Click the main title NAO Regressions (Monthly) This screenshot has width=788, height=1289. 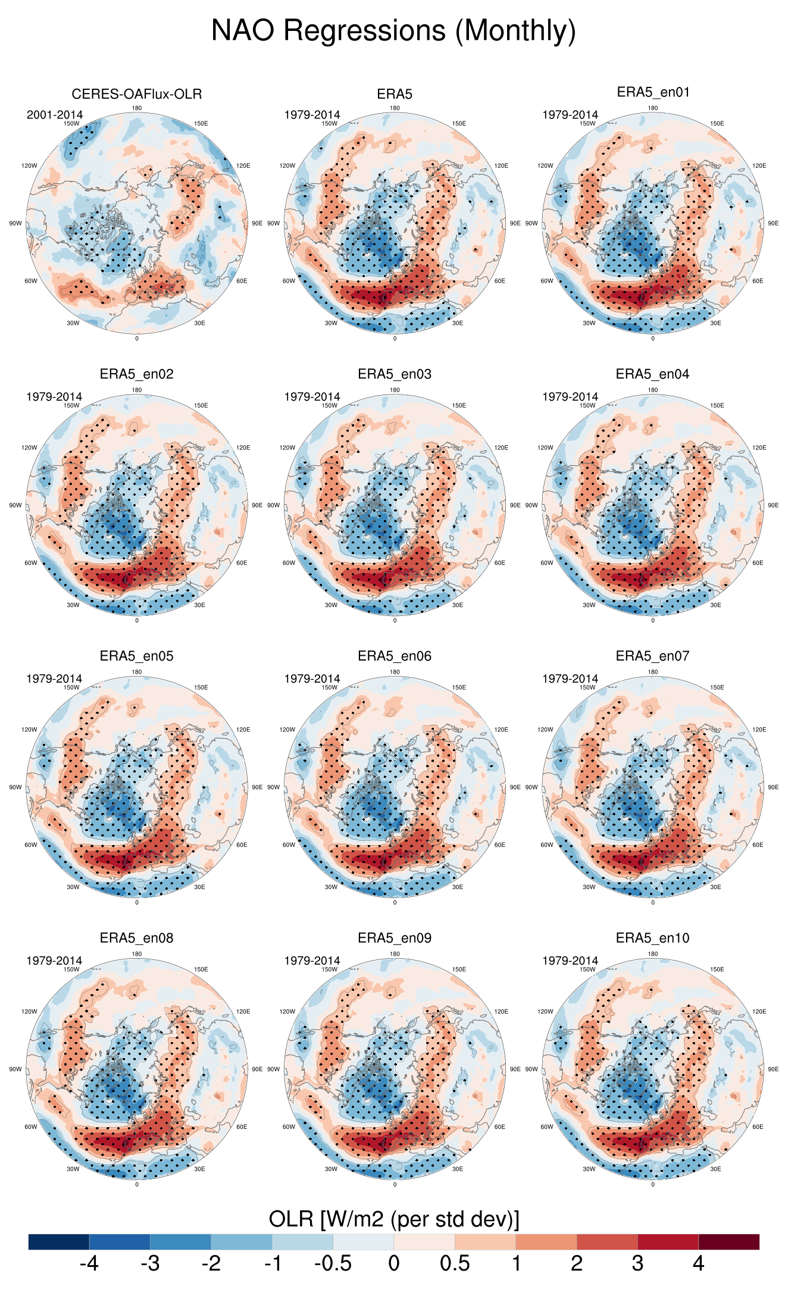pyautogui.click(x=393, y=31)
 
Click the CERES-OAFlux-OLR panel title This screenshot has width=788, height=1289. pyautogui.click(x=137, y=94)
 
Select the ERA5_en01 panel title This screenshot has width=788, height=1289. pyautogui.click(x=653, y=92)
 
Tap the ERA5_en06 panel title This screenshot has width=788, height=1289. pyautogui.click(x=395, y=656)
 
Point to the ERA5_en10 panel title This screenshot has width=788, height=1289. pyautogui.click(x=653, y=938)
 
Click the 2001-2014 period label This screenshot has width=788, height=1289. pyautogui.click(x=55, y=115)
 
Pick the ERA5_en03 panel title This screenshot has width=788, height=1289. pyautogui.click(x=395, y=374)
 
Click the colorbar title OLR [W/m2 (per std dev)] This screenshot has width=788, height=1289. pyautogui.click(x=394, y=1219)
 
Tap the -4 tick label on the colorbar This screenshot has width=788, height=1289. pyautogui.click(x=89, y=1263)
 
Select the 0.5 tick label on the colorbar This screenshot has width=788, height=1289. pyautogui.click(x=455, y=1263)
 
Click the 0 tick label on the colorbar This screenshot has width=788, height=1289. pyautogui.click(x=394, y=1263)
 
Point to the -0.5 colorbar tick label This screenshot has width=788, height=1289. pyautogui.click(x=333, y=1263)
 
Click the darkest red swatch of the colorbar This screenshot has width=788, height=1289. pyautogui.click(x=728, y=1241)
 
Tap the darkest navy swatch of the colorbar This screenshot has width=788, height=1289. pyautogui.click(x=59, y=1241)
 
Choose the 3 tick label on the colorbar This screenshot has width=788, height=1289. pyautogui.click(x=637, y=1263)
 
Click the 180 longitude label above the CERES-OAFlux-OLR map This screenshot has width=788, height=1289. pyautogui.click(x=137, y=108)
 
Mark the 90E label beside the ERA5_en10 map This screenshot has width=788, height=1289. pyautogui.click(x=773, y=1069)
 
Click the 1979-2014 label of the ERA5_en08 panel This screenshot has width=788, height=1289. pyautogui.click(x=54, y=961)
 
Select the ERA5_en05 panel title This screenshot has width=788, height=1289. pyautogui.click(x=137, y=656)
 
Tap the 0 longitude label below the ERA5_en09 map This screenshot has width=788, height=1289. pyautogui.click(x=395, y=1184)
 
